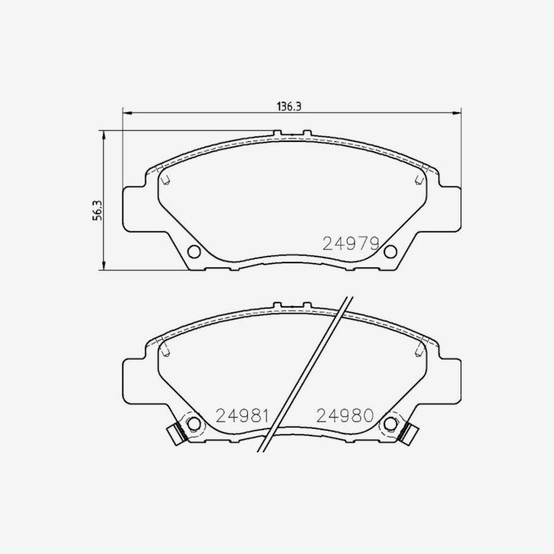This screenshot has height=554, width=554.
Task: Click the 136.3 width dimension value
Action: coord(289,107)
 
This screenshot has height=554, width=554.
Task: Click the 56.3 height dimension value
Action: coord(97,211)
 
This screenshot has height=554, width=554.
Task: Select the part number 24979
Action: coord(351,244)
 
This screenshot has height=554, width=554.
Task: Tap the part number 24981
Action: coord(242,416)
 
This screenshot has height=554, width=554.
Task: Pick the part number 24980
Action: coord(345,416)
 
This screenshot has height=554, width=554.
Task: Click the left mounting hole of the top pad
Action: coord(194,251)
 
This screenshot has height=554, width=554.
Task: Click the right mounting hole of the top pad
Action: coord(390,251)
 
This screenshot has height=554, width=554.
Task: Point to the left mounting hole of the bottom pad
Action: coord(194,424)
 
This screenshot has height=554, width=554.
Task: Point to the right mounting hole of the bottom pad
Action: coord(390,424)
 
